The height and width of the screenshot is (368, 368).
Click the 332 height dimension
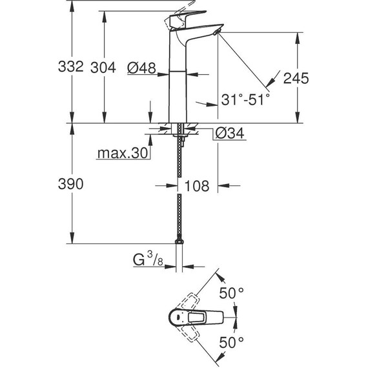tap(72, 66)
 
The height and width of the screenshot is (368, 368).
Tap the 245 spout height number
tap(296, 77)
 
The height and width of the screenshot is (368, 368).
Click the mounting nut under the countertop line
tap(179, 137)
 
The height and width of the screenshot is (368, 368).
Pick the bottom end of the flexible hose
tap(179, 241)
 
